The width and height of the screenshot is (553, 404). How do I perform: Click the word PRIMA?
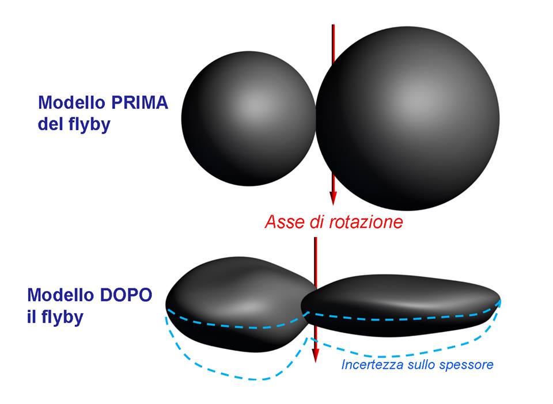pyautogui.click(x=139, y=102)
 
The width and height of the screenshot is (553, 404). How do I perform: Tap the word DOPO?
pyautogui.click(x=126, y=295)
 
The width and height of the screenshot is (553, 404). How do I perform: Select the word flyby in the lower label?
pyautogui.click(x=62, y=317)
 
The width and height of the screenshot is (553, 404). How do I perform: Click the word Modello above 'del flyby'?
pyautogui.click(x=71, y=102)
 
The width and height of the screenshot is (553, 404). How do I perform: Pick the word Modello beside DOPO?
pyautogui.click(x=60, y=295)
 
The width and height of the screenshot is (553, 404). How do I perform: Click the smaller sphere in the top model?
pyautogui.click(x=248, y=119)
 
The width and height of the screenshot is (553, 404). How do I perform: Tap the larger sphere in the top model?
pyautogui.click(x=407, y=119)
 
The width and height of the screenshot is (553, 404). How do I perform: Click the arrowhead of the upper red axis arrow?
pyautogui.click(x=333, y=199)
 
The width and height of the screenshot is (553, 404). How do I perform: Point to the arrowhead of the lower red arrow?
pyautogui.click(x=316, y=356)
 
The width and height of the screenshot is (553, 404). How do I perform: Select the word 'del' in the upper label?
pyautogui.click(x=50, y=124)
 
